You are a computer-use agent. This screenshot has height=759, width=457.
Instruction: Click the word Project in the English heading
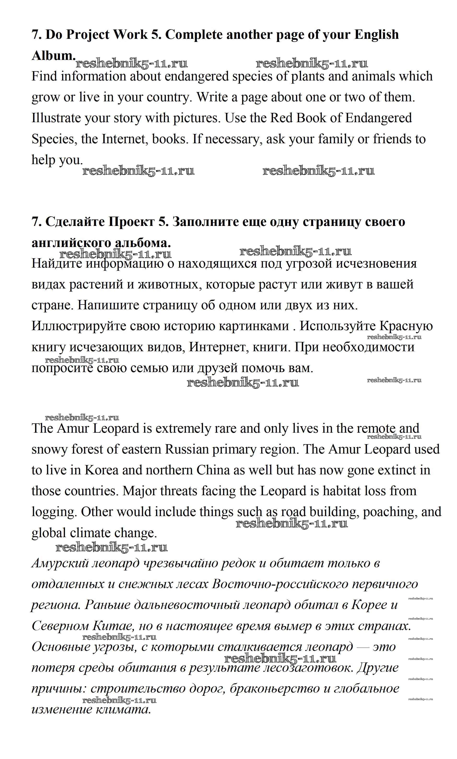pyautogui.click(x=88, y=35)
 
